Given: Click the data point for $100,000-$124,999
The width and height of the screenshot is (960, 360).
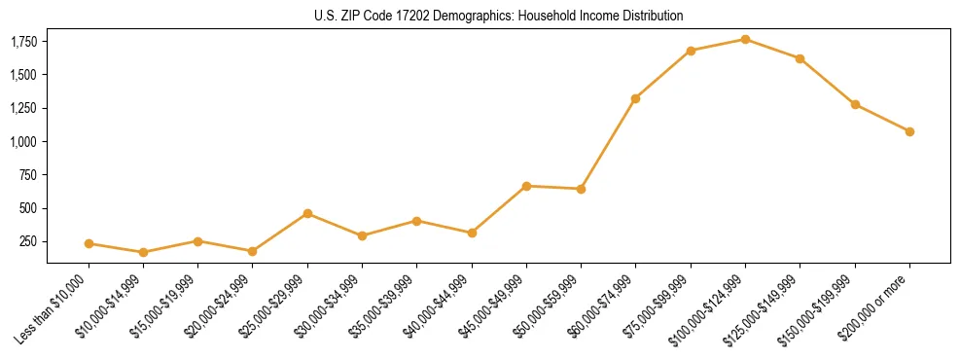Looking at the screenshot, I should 745,39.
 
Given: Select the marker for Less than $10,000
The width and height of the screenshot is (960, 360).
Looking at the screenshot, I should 89,243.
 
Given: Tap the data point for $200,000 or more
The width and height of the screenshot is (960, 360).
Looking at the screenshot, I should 909,131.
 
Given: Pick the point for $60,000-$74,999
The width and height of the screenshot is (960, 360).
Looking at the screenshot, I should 635,98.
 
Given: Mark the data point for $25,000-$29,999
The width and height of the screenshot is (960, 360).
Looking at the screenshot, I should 307,213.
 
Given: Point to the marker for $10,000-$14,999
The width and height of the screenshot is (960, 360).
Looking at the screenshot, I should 143,252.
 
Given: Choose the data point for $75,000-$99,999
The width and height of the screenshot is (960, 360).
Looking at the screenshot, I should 691,51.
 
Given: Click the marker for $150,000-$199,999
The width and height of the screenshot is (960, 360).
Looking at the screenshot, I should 855,104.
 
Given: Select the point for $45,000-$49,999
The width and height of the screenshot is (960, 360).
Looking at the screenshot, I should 526,186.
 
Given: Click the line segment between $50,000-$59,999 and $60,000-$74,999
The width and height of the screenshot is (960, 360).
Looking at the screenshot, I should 608,143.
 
